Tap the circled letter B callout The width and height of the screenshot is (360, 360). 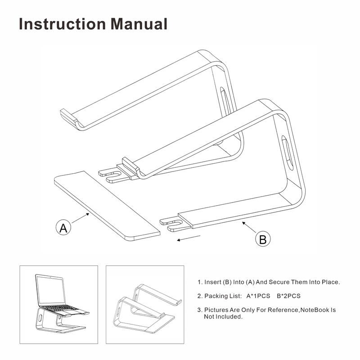tap(262, 239)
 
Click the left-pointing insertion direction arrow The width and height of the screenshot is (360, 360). tap(189, 238)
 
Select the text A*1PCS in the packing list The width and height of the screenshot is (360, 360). tap(258, 296)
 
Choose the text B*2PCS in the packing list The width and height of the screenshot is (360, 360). tap(288, 296)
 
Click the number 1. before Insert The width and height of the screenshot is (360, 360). tap(200, 283)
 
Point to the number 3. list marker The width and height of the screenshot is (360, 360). tap(200, 310)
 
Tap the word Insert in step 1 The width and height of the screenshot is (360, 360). tap(212, 283)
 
